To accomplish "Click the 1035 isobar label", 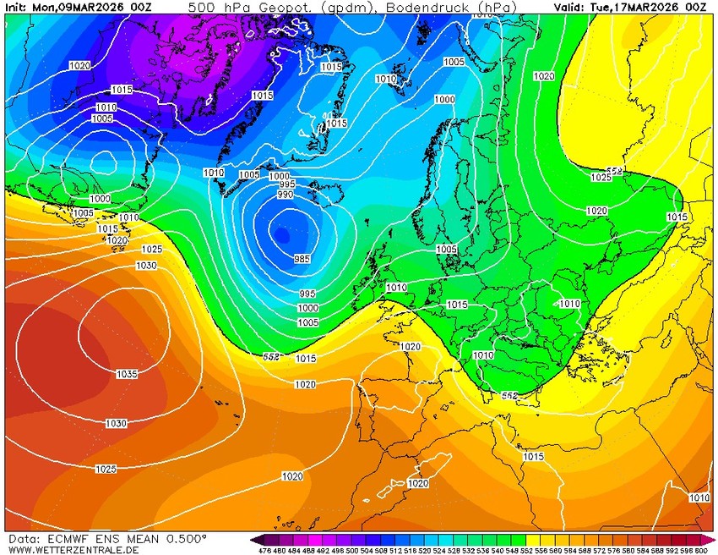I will [126, 373].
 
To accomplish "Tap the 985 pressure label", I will [302, 259].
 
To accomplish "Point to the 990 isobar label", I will [285, 195].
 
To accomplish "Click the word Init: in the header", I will [17, 7].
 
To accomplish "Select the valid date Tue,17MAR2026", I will [640, 7].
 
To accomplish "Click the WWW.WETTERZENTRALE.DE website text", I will [73, 550].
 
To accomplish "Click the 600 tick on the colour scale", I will [700, 551].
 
